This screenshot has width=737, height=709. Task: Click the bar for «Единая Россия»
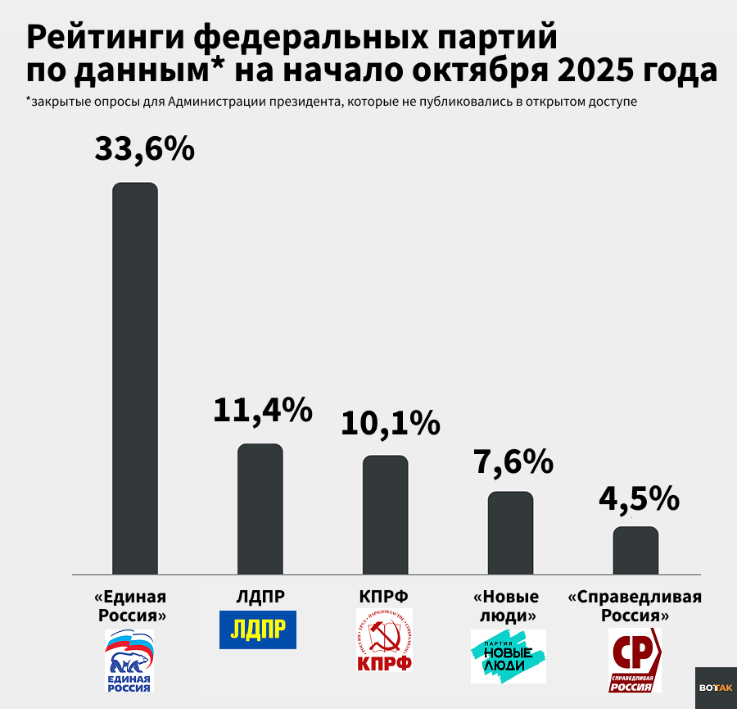pos(135,377)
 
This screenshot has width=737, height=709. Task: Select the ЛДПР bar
pos(260,508)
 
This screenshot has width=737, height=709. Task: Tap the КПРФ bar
pos(386,514)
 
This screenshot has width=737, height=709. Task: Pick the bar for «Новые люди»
pos(511,532)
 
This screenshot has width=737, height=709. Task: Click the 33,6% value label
pos(144,148)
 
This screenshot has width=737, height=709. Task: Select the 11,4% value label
pos(263,410)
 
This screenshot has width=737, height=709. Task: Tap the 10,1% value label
pos(390,423)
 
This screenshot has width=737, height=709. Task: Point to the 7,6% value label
pos(513,462)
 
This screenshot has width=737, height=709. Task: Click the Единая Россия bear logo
pos(130,661)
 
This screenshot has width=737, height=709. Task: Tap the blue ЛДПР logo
pos(258,629)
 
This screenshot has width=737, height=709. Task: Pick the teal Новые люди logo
pos(508,656)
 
